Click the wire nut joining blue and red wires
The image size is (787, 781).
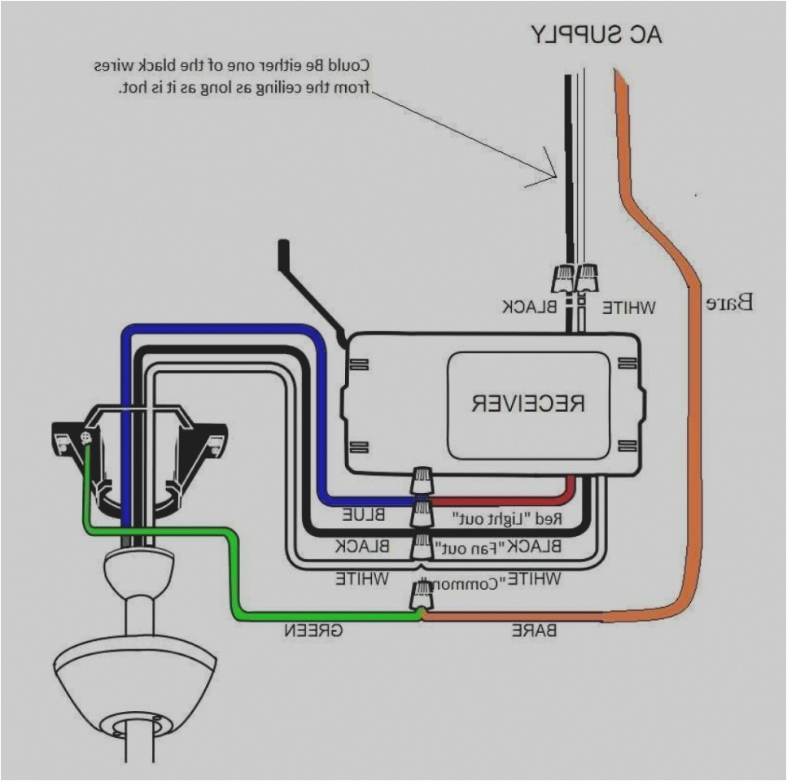(423, 481)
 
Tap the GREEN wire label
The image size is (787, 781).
(312, 631)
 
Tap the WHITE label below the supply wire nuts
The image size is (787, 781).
(627, 308)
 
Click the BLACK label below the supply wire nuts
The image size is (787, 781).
(529, 308)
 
